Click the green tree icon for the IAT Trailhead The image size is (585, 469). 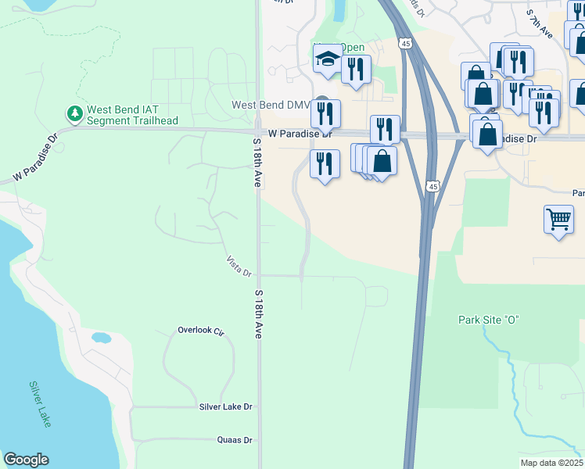click(75, 114)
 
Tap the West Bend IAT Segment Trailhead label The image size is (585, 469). click(132, 115)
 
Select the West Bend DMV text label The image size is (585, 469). click(271, 105)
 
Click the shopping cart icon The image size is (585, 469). click(558, 220)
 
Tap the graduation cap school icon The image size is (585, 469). click(327, 59)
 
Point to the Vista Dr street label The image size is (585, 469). click(239, 267)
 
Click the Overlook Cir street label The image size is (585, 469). click(200, 331)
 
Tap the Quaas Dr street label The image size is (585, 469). click(235, 440)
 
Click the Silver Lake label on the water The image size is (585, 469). click(40, 403)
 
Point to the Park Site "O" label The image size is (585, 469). click(489, 320)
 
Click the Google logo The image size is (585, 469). click(26, 460)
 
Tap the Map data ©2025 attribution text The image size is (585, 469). click(551, 463)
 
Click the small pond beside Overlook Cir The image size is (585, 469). click(101, 338)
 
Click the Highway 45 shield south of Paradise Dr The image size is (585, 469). click(433, 186)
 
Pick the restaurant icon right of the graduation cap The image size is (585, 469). click(356, 69)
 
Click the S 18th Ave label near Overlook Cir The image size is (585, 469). click(257, 313)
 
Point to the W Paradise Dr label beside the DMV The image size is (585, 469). click(300, 134)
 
